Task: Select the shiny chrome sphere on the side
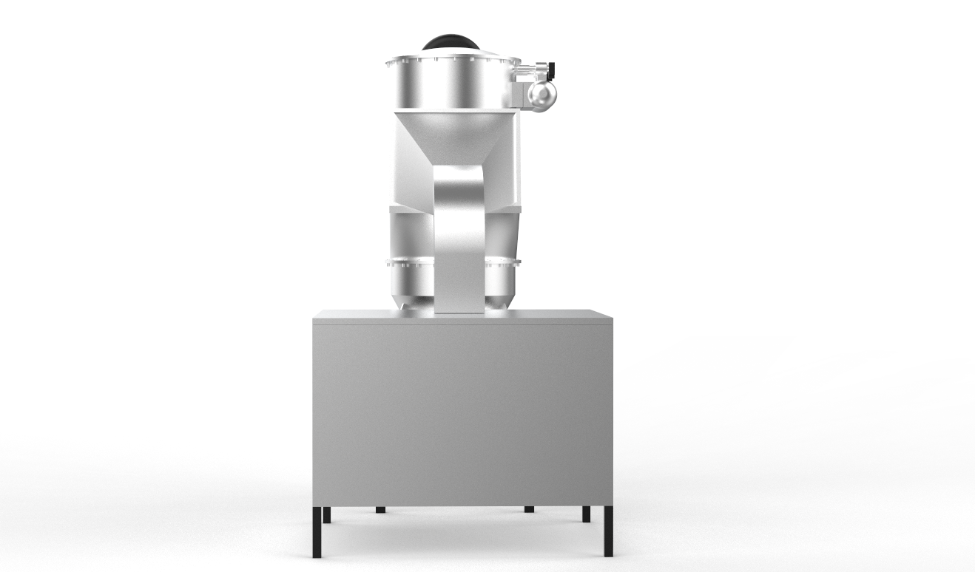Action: tap(542, 94)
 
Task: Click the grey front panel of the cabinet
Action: tap(462, 414)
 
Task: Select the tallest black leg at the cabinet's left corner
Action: tap(316, 532)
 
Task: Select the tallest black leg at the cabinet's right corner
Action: tap(608, 532)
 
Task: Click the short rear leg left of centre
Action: tap(380, 509)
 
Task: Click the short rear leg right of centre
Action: tap(529, 509)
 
